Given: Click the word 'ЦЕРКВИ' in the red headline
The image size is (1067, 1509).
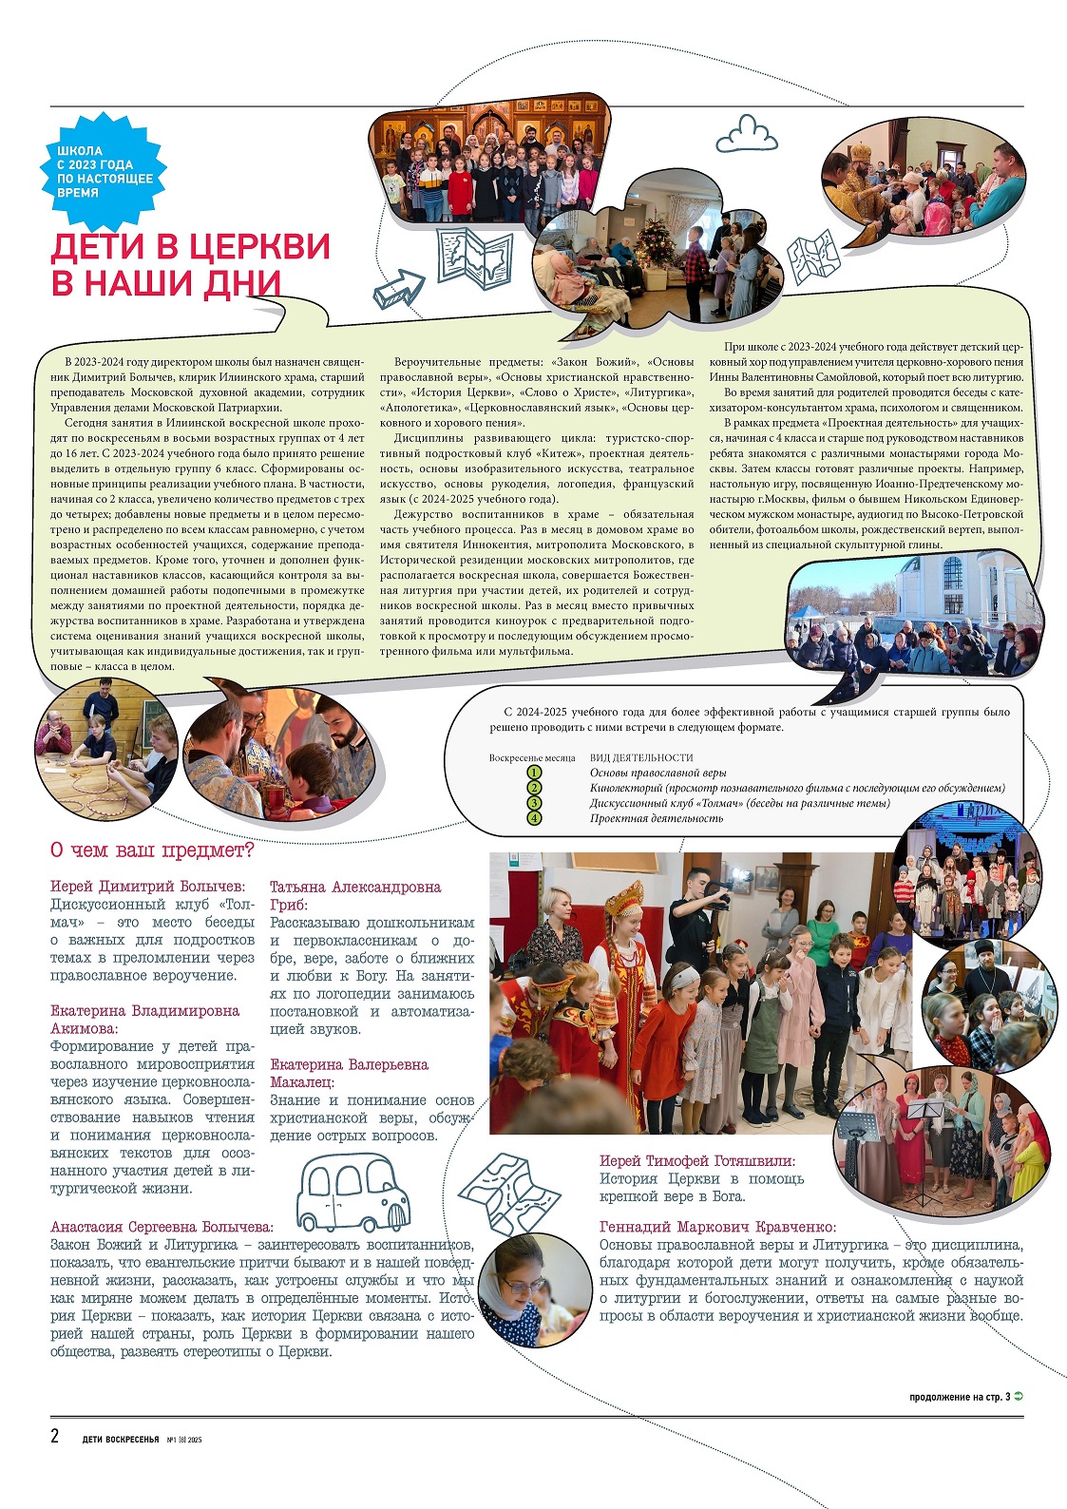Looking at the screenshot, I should tap(258, 246).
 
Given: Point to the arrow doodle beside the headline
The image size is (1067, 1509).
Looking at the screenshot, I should tap(398, 288).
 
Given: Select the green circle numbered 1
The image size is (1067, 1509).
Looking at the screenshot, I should tap(534, 773).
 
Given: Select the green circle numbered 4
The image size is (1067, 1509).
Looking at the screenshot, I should tap(534, 818).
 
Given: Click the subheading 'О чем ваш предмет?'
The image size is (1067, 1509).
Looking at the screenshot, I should tap(152, 850).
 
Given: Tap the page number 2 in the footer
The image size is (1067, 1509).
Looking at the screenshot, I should tap(55, 1435).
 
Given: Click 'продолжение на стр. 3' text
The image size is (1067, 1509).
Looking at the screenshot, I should tap(960, 1397).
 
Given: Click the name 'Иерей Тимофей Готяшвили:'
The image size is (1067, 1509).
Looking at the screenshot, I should tap(697, 1160).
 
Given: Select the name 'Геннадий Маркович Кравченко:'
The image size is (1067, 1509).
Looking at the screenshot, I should tap(717, 1227).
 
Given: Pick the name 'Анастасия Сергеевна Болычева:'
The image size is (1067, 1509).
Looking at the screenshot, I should tap(162, 1227).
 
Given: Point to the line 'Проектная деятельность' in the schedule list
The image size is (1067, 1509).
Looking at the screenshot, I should tap(656, 818).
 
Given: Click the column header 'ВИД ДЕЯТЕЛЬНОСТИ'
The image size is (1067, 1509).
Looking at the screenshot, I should tap(641, 757).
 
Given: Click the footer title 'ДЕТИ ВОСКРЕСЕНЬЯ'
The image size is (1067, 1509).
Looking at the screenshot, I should tap(121, 1439).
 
